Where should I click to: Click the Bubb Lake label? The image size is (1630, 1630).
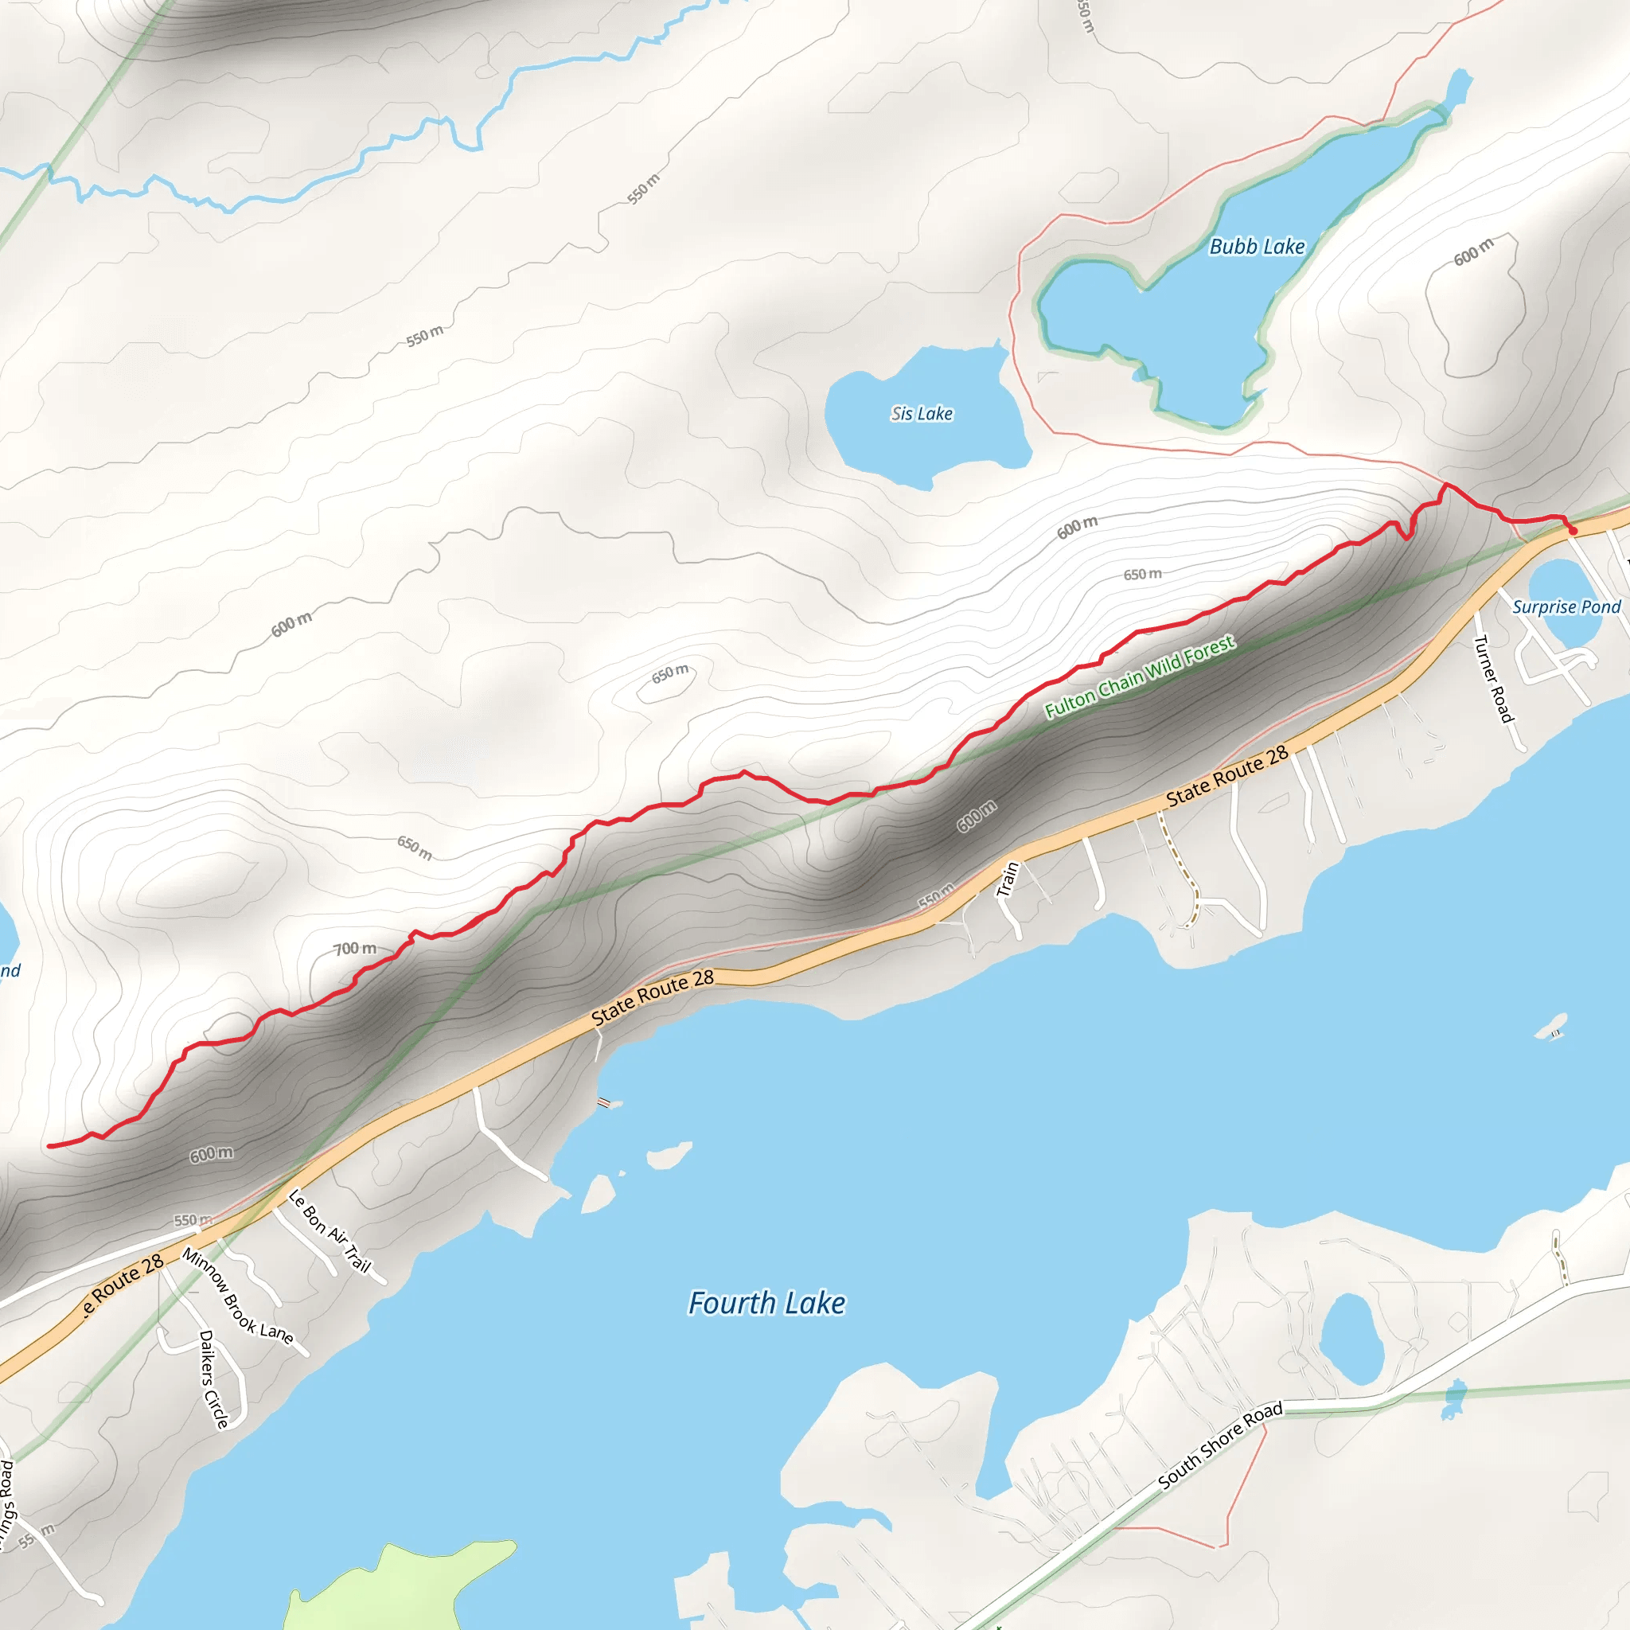pos(1256,247)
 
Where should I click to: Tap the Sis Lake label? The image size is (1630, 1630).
pos(922,413)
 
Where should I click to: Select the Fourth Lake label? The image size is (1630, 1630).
pos(766,1303)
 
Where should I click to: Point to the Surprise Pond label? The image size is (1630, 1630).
pos(1566,606)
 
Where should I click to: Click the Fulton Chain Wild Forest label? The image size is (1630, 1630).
pos(1139,677)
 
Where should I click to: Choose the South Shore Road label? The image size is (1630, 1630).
pos(1220,1445)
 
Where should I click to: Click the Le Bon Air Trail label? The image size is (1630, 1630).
pos(329,1231)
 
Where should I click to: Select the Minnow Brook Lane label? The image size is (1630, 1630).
pos(237,1297)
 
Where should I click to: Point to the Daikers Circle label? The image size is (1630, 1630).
pos(213,1379)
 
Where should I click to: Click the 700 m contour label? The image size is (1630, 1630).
pos(354,948)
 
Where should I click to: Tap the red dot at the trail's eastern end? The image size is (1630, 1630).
pos(1573,531)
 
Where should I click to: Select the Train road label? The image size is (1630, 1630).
pos(1008,879)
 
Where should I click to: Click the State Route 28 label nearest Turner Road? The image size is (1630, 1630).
pos(1226,776)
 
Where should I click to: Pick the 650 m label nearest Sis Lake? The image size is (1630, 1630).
pos(1142,575)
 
